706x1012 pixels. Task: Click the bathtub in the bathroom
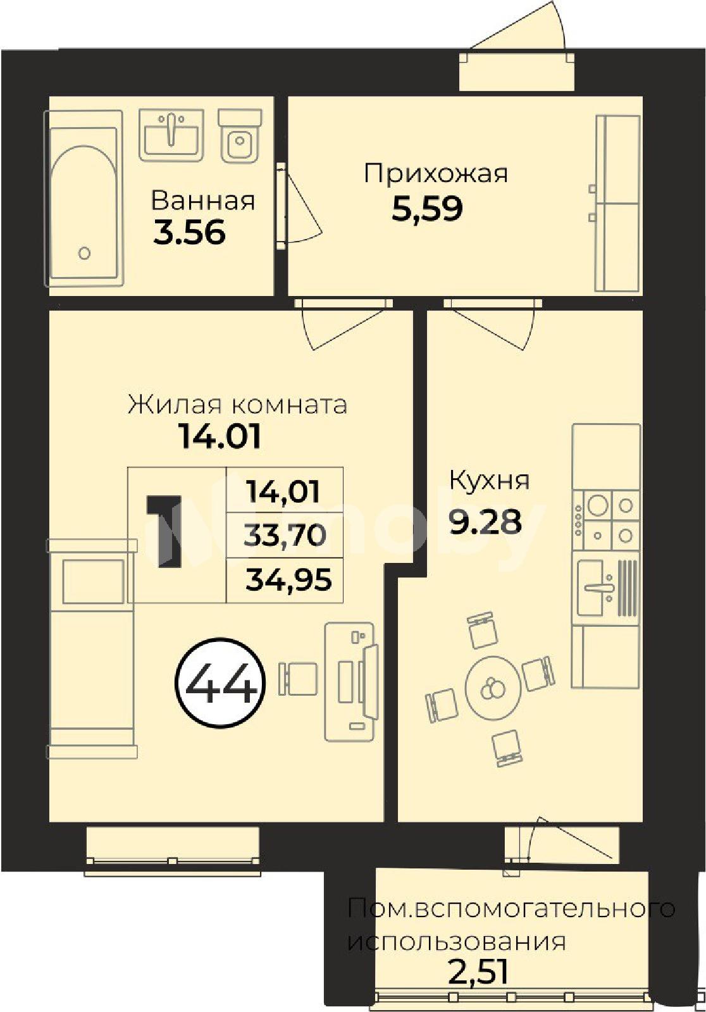(83, 199)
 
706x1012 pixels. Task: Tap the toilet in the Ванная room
(240, 135)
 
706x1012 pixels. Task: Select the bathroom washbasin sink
(171, 135)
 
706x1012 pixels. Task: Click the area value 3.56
(189, 233)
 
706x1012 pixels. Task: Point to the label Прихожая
(436, 173)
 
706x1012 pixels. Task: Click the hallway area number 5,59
(427, 209)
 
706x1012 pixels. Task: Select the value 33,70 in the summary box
(285, 535)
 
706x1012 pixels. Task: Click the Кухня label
(489, 481)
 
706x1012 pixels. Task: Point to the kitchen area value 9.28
(485, 521)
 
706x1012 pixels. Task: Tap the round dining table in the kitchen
(493, 688)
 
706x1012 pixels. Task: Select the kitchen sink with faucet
(606, 588)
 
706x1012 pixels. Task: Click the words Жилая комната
(238, 404)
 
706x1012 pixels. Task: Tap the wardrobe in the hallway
(618, 203)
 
